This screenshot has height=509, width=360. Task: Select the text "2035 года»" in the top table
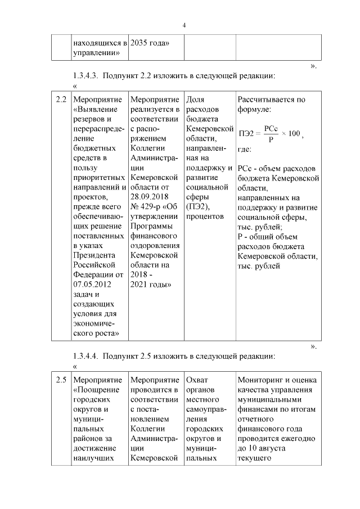pyautogui.click(x=150, y=42)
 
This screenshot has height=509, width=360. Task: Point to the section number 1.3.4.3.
pyautogui.click(x=87, y=76)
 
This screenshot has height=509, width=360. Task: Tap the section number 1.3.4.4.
pyautogui.click(x=87, y=356)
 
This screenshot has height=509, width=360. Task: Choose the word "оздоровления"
pyautogui.click(x=155, y=245)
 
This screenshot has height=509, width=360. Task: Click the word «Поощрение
pyautogui.click(x=96, y=390)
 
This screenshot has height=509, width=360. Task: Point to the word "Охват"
pyautogui.click(x=196, y=380)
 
